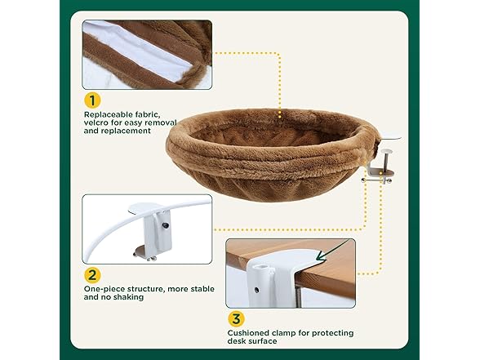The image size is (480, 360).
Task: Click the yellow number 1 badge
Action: point(92,100)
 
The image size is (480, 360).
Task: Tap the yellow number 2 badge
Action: point(92,275)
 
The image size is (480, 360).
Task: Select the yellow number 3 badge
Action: point(236,319)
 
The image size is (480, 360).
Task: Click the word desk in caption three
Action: point(237,341)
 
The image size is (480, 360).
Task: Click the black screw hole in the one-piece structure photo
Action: point(166,225)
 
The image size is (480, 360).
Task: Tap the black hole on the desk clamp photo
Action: point(256,289)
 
